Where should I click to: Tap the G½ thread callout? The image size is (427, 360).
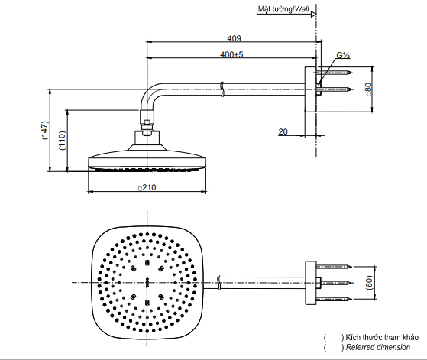tap(343, 56)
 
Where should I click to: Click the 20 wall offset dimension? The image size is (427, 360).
tap(283, 131)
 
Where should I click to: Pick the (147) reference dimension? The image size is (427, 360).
tap(44, 131)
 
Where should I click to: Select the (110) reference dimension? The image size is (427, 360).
tap(62, 140)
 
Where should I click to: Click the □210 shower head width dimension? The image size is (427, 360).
tap(146, 186)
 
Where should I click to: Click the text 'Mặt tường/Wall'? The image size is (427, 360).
tap(283, 11)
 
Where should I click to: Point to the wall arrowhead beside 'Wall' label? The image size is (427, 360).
tap(313, 11)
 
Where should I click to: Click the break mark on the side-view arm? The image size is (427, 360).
tap(221, 89)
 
